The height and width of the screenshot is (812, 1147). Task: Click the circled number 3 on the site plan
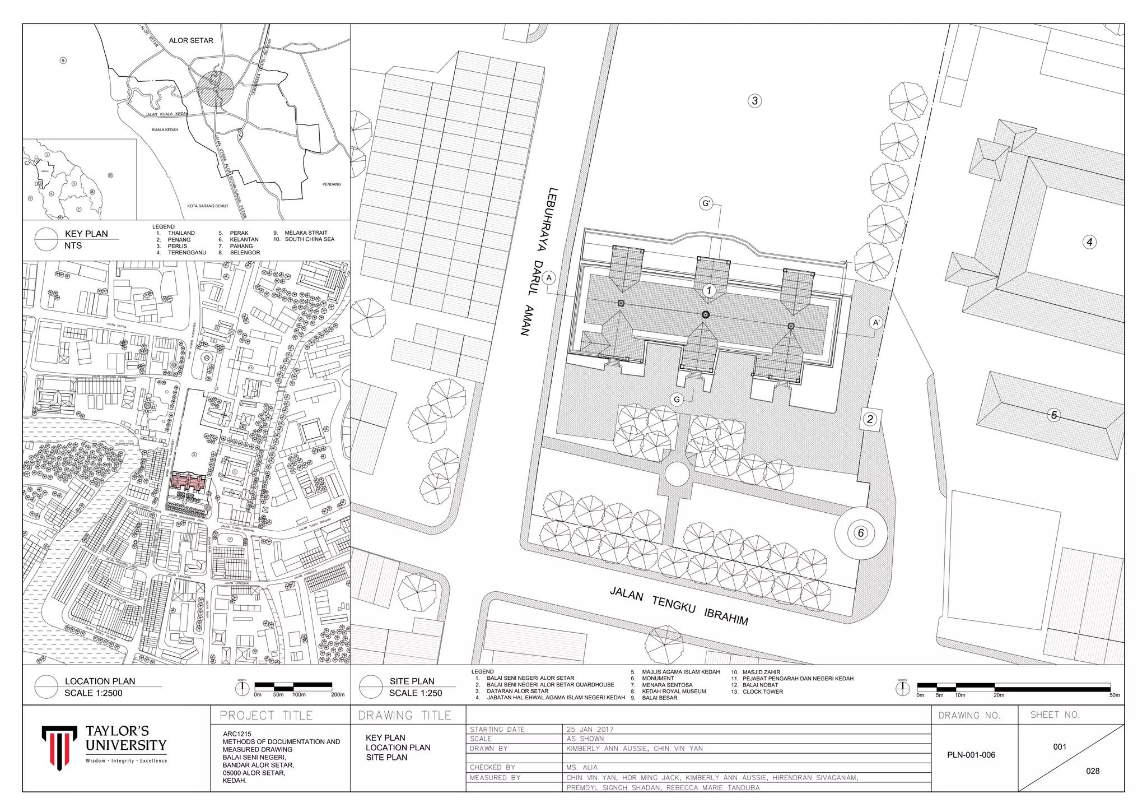pos(754,101)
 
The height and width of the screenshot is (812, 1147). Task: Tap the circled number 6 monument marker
pos(861,533)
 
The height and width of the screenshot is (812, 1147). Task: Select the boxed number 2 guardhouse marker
pos(869,419)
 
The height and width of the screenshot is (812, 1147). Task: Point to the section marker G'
pos(706,203)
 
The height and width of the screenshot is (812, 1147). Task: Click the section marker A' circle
pos(876,323)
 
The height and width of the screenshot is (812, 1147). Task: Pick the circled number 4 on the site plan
pos(1089,242)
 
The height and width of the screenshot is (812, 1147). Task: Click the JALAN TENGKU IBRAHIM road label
pos(679,605)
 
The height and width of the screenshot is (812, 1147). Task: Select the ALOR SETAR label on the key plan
pos(191,40)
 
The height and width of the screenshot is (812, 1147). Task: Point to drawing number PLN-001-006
pos(971,755)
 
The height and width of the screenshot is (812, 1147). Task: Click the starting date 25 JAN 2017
pos(590,730)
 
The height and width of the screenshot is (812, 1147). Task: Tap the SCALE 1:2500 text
pos(93,693)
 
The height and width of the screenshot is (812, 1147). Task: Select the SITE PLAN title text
pos(412,681)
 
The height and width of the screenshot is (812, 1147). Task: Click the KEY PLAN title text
pos(86,234)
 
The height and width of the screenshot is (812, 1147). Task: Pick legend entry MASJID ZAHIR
pos(761,672)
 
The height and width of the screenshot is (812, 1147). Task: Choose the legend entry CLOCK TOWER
pos(763,692)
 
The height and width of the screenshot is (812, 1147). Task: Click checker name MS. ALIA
pos(582,767)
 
